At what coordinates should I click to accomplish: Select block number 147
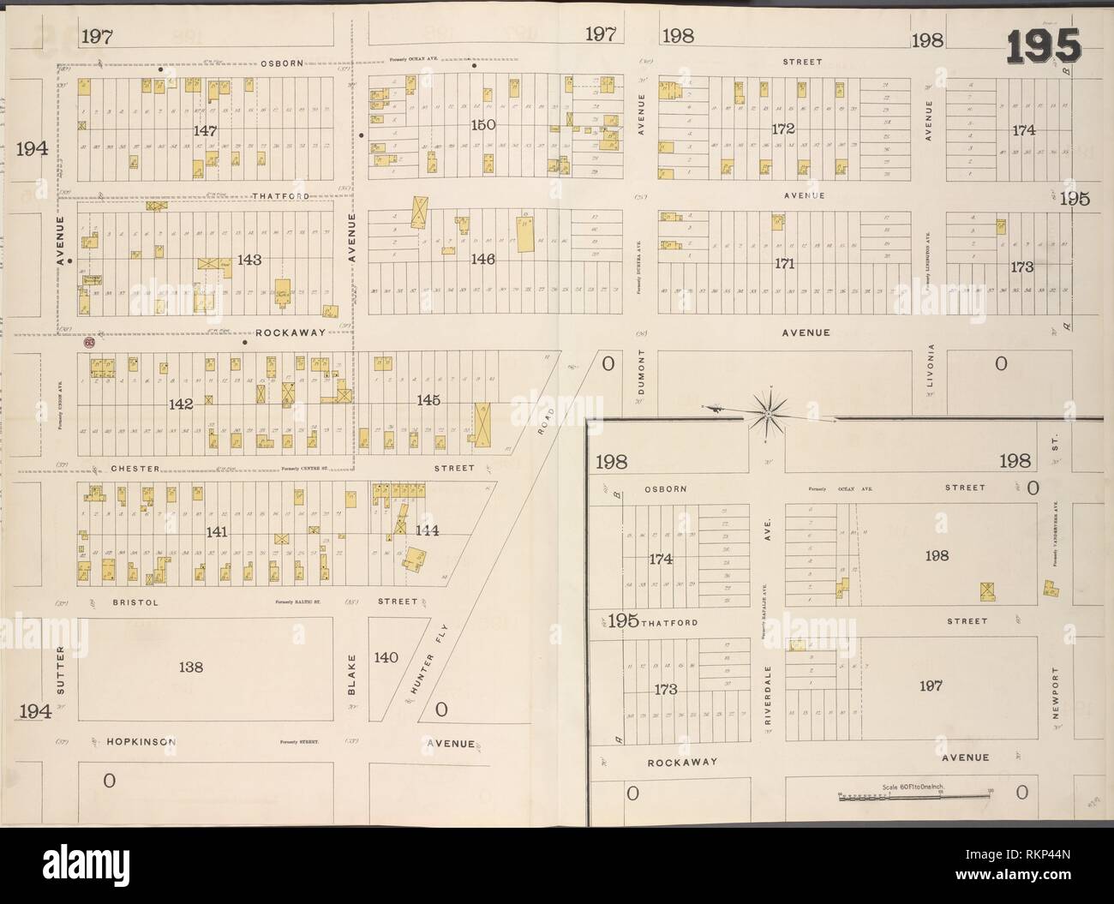pos(205,130)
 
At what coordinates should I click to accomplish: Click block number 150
pos(483,125)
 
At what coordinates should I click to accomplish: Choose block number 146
pos(483,259)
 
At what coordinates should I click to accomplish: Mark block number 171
pos(784,264)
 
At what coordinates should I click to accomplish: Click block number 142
pos(181,403)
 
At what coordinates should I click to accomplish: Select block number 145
pos(428,399)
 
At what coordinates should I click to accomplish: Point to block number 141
pos(217,533)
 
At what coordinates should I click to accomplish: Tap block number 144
pos(427,530)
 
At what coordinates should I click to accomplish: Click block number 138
pos(191,666)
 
